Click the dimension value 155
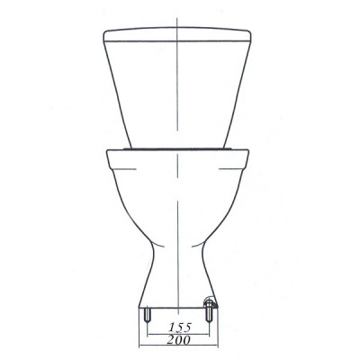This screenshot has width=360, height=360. [180, 327]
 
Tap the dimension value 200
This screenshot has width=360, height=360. [179, 339]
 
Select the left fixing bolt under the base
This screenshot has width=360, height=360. [147, 315]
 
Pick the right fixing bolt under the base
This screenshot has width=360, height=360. [209, 313]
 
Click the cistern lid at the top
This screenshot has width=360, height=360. [177, 34]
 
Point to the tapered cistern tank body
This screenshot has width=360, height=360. [177, 94]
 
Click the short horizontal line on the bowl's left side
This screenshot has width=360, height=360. [125, 169]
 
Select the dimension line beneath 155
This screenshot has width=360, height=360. [178, 334]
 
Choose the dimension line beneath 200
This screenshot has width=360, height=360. [178, 346]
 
